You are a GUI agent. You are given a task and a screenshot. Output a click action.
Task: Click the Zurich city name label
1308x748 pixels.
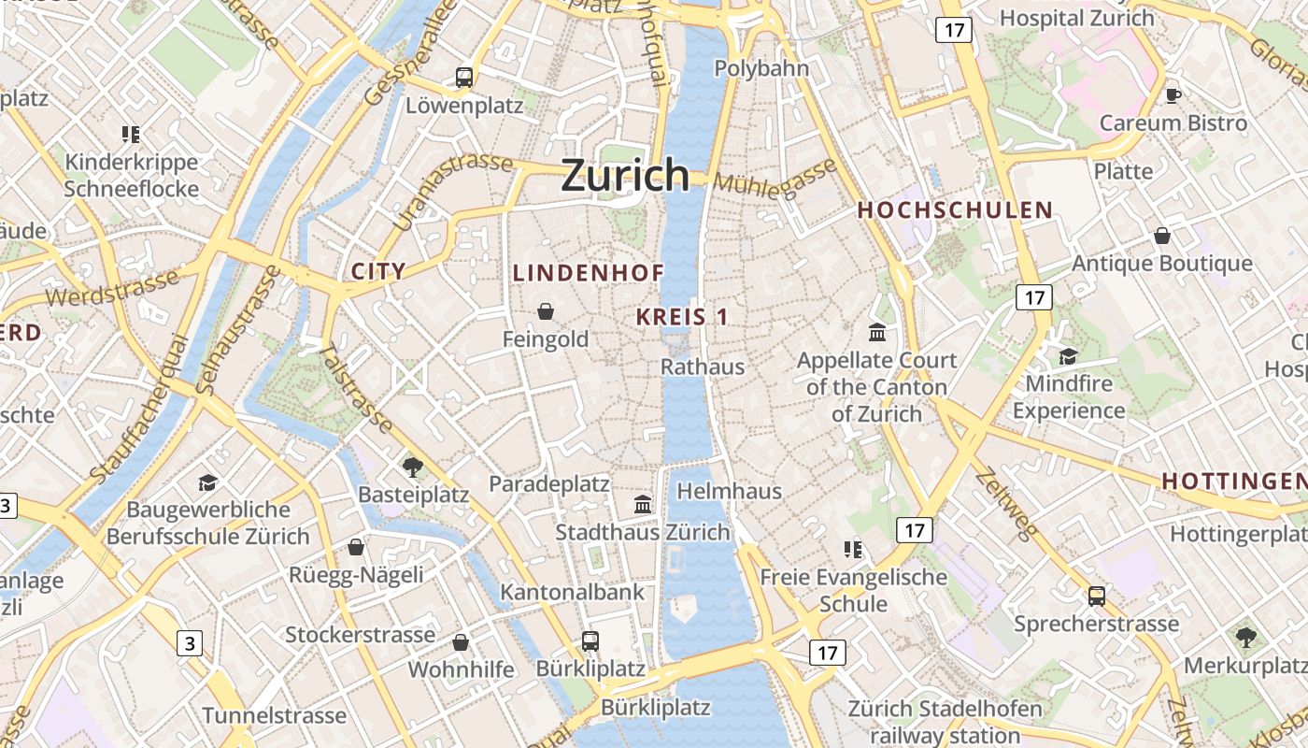click(625, 175)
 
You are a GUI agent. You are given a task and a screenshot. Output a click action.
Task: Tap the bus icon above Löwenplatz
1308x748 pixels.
click(464, 78)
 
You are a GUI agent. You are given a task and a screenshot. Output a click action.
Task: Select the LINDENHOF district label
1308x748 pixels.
click(589, 273)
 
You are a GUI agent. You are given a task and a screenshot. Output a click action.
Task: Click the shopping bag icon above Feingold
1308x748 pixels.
click(546, 311)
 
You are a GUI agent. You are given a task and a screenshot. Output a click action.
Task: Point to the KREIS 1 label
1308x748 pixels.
click(682, 317)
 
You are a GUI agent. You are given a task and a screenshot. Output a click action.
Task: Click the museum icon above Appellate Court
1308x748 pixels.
click(877, 333)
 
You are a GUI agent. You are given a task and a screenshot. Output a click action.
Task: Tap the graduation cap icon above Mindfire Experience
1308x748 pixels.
click(1068, 356)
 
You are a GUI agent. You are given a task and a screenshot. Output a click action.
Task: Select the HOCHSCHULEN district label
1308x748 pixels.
click(955, 210)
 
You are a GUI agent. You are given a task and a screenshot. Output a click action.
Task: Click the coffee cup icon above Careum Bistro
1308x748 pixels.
click(1173, 95)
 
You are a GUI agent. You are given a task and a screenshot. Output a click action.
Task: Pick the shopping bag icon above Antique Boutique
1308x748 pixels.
click(1162, 236)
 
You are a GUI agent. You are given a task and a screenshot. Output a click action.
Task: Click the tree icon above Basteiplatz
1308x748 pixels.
click(412, 467)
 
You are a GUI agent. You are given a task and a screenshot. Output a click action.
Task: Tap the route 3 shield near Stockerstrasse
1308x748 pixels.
click(190, 643)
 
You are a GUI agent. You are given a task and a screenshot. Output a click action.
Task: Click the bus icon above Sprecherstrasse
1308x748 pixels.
click(1097, 596)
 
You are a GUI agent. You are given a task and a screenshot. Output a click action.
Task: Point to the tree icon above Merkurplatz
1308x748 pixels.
click(1245, 638)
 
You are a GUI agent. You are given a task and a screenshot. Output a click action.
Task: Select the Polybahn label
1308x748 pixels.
click(761, 68)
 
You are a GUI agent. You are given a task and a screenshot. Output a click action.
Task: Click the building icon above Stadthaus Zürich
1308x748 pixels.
click(643, 505)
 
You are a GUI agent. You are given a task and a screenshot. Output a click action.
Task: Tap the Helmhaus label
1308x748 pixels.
click(729, 491)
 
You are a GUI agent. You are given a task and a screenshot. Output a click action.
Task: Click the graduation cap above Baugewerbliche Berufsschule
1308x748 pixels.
click(207, 482)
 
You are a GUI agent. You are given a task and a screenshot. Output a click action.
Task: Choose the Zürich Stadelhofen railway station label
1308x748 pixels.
click(944, 721)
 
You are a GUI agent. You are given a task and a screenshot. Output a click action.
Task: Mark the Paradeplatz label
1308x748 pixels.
click(549, 484)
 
